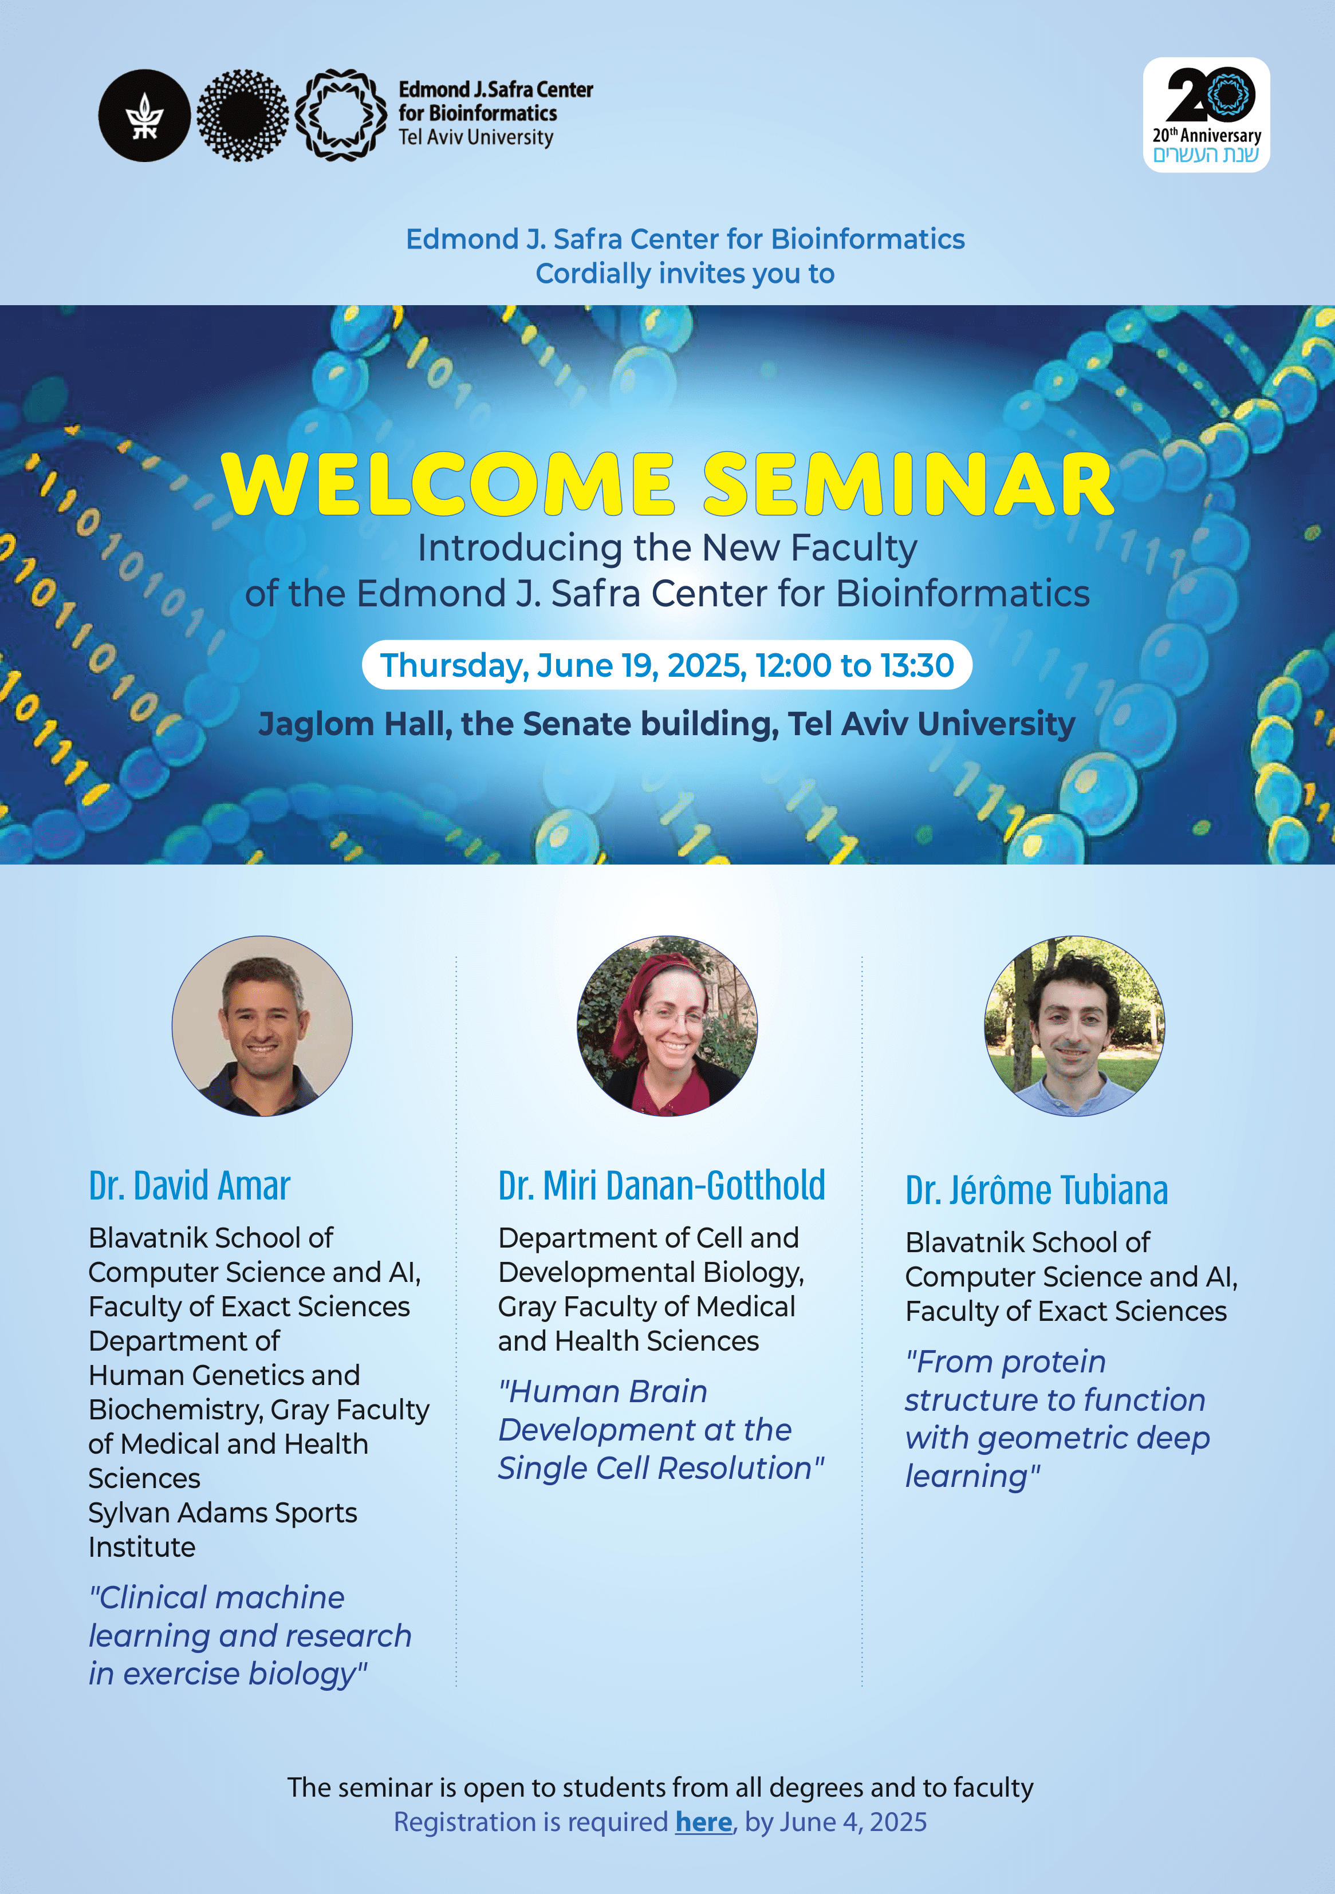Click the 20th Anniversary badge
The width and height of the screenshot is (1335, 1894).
(x=1206, y=115)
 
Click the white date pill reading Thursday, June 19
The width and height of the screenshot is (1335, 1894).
(x=667, y=665)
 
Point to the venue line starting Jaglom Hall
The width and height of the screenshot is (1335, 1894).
(x=667, y=724)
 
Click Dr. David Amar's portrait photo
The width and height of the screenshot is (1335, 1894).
(x=262, y=1025)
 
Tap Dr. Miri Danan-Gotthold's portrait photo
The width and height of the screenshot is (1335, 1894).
(x=667, y=1025)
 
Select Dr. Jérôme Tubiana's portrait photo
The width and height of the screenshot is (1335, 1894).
(x=1074, y=1025)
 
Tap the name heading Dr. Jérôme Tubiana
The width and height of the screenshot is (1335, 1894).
(x=1036, y=1190)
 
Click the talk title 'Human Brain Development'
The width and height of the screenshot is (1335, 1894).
(x=661, y=1430)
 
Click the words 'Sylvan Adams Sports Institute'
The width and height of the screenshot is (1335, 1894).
(x=223, y=1529)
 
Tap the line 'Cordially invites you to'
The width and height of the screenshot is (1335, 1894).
(x=685, y=273)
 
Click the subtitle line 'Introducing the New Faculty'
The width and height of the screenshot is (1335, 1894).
(x=667, y=548)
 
